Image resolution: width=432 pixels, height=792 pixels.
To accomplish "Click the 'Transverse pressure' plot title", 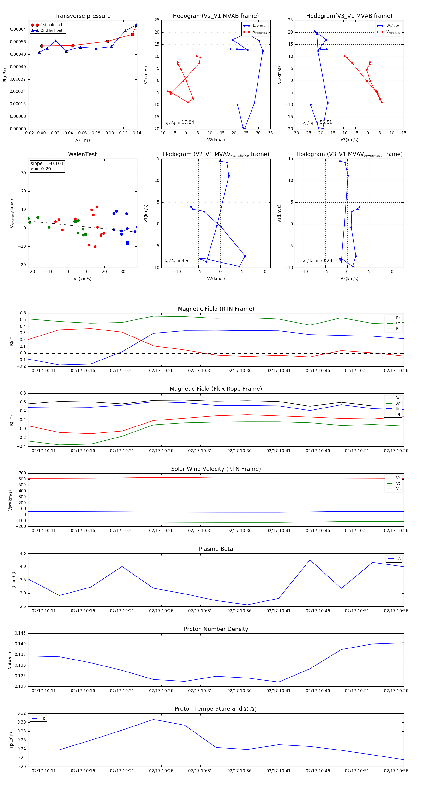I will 82,16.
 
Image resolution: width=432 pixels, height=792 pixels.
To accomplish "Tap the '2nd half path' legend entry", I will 53,30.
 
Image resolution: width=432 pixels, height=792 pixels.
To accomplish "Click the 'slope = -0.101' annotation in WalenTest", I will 47,164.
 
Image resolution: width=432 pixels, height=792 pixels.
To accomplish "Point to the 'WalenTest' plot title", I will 82,154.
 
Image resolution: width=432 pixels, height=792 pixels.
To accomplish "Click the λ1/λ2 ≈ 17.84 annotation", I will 179,122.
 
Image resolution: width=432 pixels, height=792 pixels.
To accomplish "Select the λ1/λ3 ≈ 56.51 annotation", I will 317,122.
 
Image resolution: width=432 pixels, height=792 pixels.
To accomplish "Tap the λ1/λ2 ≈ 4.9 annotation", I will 176,261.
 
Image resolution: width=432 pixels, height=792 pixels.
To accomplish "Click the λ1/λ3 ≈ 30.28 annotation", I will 317,261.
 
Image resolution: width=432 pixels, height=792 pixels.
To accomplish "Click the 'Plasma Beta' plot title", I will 216,549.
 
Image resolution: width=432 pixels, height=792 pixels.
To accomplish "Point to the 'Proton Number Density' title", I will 216,629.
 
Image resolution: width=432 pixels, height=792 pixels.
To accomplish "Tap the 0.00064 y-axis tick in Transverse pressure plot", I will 18,30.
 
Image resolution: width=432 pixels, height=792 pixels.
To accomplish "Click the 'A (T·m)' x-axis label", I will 82,140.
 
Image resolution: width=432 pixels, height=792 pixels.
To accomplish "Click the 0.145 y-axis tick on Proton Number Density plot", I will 20,633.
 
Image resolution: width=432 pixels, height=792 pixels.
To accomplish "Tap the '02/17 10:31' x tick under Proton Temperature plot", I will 200,771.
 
